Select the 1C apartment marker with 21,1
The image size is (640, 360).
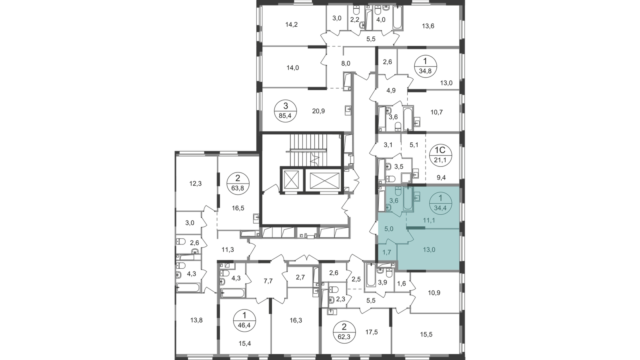[x=441, y=154]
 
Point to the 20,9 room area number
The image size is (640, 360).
[x=318, y=111]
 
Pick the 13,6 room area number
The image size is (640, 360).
[x=428, y=26]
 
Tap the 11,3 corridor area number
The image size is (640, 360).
[x=228, y=250]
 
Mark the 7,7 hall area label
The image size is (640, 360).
[x=268, y=281]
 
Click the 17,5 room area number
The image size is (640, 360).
[x=372, y=332]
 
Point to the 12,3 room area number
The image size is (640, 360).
[x=196, y=184]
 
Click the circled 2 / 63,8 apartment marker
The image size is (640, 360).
[x=238, y=184]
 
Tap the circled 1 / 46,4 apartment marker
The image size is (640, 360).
[x=244, y=320]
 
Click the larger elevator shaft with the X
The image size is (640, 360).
[x=324, y=180]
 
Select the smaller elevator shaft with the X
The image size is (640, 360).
[x=292, y=180]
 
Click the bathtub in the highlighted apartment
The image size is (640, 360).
[x=408, y=200]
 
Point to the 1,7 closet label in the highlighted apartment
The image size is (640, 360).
[x=387, y=252]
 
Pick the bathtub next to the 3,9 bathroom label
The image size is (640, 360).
[x=371, y=275]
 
